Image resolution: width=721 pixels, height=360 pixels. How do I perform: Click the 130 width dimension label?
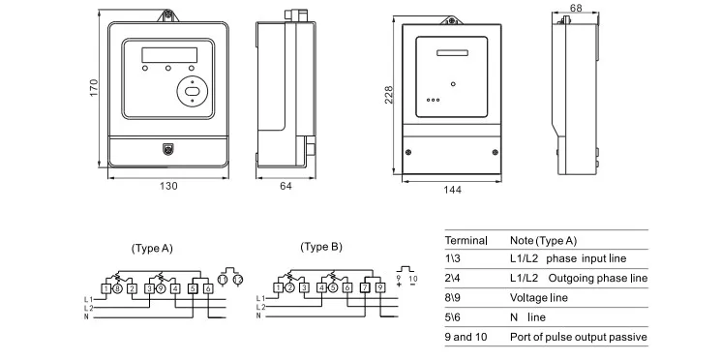tap(168, 186)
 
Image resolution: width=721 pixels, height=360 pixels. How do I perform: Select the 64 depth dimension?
tap(285, 186)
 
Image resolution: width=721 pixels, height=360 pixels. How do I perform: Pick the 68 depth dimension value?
tap(576, 9)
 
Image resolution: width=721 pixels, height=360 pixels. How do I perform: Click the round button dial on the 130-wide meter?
tap(194, 93)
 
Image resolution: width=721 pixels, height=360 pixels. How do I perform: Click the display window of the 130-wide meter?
tap(168, 54)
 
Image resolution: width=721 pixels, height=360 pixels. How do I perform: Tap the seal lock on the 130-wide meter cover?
tap(168, 150)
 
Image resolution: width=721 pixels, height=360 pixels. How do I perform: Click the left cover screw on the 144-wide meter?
tap(410, 153)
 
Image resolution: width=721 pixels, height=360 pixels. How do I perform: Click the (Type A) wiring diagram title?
tap(151, 248)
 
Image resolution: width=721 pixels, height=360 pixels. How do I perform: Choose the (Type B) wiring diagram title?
tap(320, 247)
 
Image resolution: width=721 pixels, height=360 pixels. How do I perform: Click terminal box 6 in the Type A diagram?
tap(207, 287)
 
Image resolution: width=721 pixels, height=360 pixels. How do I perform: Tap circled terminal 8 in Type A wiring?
tap(117, 287)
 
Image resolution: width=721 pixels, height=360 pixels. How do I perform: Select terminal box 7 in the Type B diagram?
tap(364, 287)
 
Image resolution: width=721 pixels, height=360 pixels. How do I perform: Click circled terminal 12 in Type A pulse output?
tap(237, 280)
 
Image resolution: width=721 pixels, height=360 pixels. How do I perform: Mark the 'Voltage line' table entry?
tap(538, 298)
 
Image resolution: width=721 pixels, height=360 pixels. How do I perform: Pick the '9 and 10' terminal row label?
tap(468, 337)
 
